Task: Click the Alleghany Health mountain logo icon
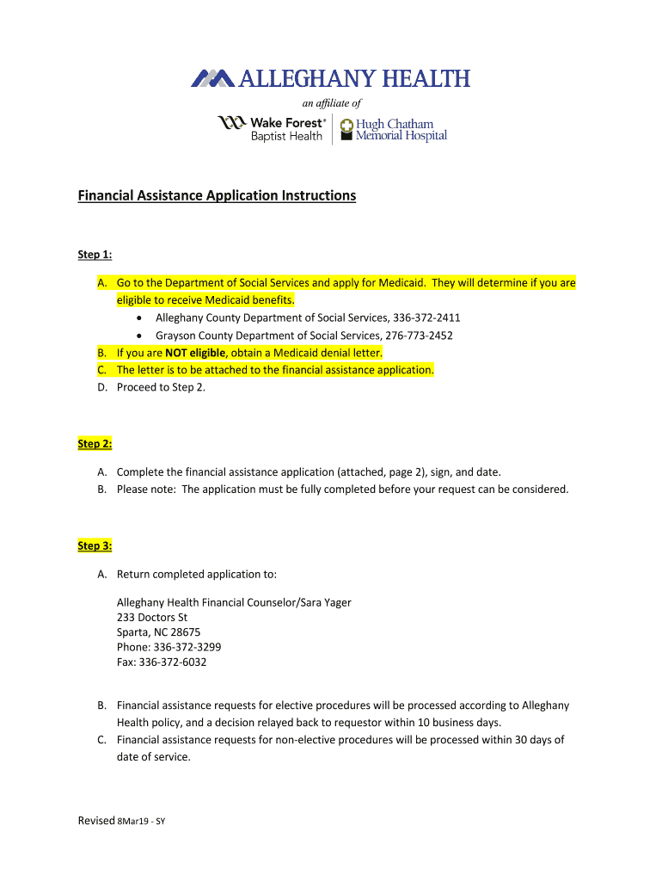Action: point(212,78)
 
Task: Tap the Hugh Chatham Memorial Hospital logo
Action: point(394,130)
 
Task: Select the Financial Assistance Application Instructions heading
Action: point(217,196)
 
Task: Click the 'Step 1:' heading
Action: point(95,255)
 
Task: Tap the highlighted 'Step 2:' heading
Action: point(95,444)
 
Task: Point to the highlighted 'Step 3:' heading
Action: point(95,545)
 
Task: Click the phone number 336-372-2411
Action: point(426,317)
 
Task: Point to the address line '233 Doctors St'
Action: point(152,618)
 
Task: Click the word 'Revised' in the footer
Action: point(95,821)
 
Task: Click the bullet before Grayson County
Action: point(139,336)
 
